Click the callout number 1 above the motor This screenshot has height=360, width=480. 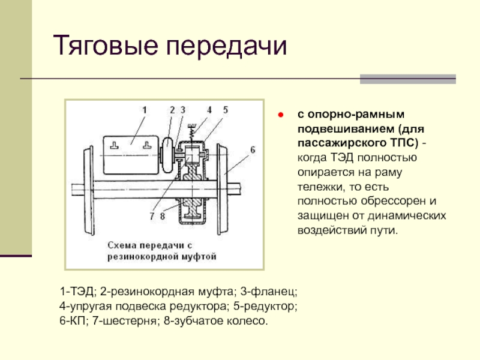click(x=145, y=110)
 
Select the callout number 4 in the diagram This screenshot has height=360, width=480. click(x=209, y=110)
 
